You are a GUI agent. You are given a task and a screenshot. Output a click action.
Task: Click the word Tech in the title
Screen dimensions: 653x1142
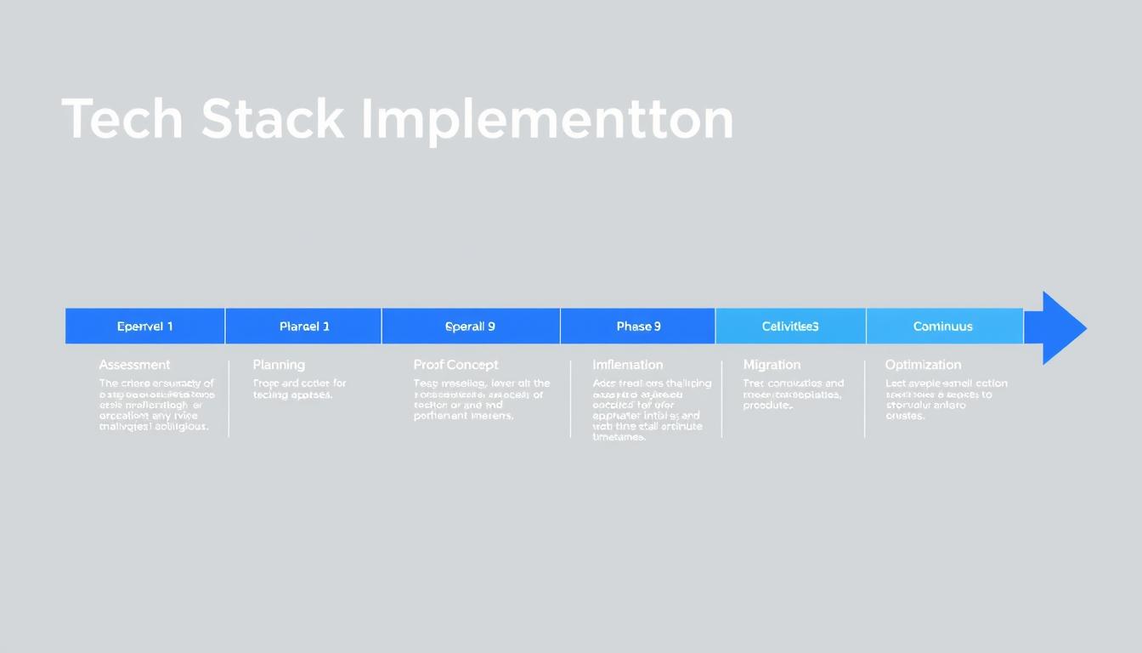coord(122,119)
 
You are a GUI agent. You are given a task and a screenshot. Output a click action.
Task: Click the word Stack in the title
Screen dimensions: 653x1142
coord(273,119)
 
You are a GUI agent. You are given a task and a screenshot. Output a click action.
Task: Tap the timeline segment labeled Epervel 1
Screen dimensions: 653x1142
coord(144,326)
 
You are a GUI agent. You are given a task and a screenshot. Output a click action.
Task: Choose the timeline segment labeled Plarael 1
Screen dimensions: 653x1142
coord(304,326)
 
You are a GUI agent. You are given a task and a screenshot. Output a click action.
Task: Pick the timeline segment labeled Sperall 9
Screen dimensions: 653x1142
coord(470,326)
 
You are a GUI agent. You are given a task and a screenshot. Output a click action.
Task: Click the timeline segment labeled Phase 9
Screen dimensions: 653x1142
coord(638,326)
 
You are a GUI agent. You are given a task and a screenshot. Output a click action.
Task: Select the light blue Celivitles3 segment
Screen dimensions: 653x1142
coord(790,326)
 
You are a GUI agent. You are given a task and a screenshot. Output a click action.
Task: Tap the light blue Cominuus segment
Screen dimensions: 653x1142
coord(943,326)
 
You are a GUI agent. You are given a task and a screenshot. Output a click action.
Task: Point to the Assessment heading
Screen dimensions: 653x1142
coord(134,365)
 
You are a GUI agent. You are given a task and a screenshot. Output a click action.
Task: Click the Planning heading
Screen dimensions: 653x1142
coord(279,365)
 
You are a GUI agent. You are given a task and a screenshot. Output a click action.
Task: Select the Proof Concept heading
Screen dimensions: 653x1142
coord(455,365)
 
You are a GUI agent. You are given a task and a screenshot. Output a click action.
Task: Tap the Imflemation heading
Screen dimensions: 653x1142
coord(627,365)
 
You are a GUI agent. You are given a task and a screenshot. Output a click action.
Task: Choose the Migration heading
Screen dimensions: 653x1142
coord(772,365)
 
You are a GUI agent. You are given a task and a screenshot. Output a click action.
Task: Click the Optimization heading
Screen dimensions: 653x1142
coord(923,365)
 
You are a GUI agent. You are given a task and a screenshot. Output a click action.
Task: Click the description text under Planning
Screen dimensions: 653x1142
coord(299,389)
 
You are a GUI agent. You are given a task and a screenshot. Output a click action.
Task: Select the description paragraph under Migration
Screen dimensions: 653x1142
coord(793,395)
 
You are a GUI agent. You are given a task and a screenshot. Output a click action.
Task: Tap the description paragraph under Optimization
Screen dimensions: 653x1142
coord(945,400)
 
